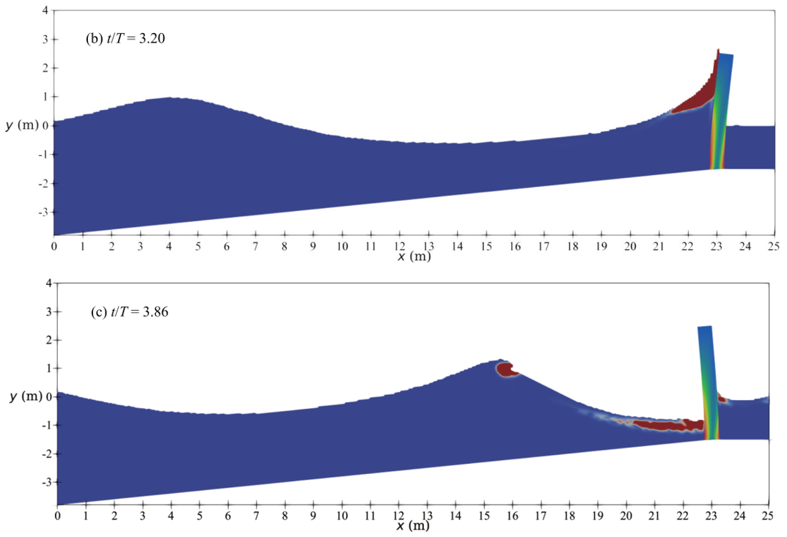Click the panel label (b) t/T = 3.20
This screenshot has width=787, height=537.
click(126, 40)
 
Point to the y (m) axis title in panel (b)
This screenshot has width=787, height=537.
click(20, 125)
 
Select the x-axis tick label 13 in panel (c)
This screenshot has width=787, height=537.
click(428, 516)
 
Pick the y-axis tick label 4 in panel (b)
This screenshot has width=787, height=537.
click(45, 12)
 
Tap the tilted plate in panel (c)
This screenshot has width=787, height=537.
click(708, 381)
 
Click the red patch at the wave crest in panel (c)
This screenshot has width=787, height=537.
click(506, 369)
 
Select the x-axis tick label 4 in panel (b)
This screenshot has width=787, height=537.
click(169, 247)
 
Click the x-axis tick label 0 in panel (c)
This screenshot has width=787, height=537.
click(58, 516)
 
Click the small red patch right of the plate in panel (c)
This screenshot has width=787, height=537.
click(722, 399)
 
